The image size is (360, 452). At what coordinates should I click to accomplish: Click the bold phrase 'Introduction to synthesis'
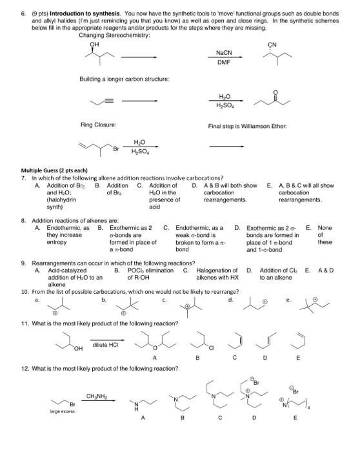[83, 12]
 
